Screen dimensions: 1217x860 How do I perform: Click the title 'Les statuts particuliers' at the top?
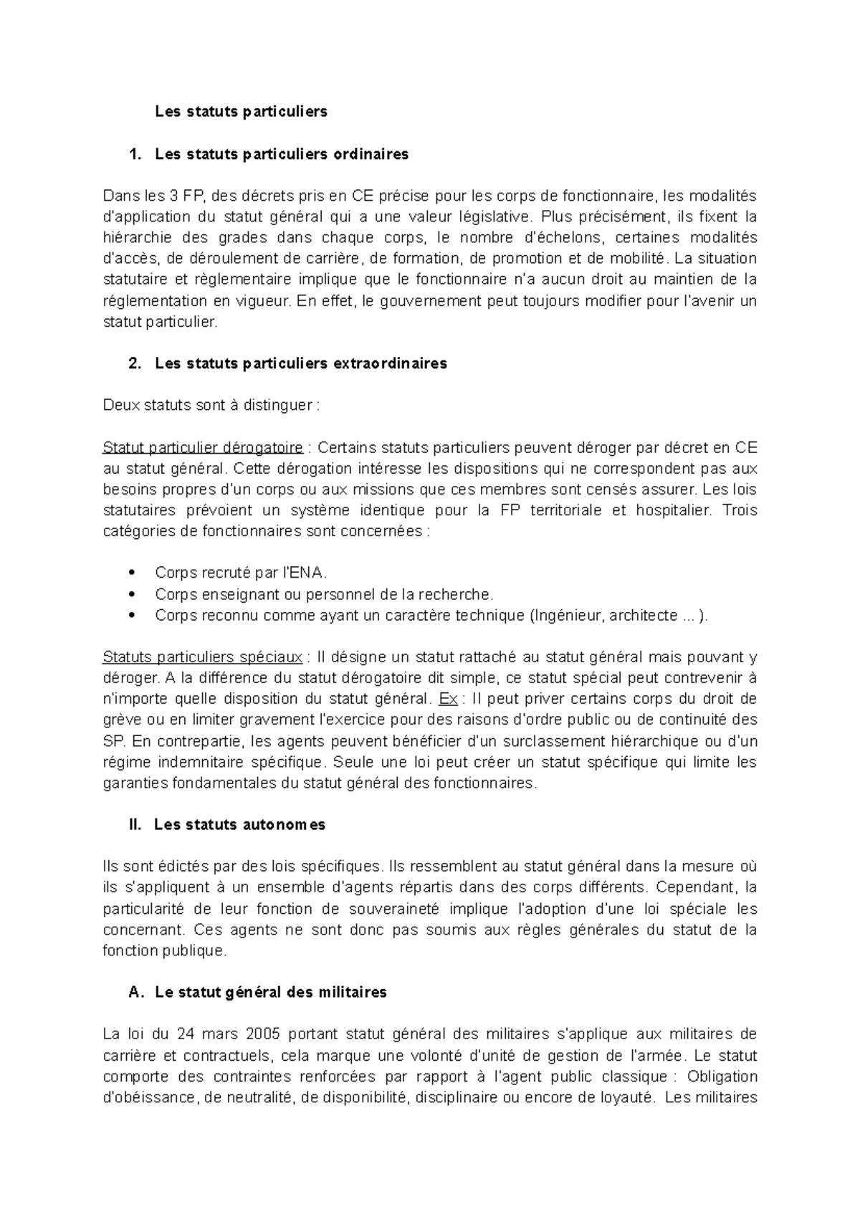[x=241, y=111]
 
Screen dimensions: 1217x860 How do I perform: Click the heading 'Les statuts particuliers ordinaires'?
[x=281, y=153]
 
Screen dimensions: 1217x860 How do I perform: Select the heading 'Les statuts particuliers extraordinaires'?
[x=300, y=363]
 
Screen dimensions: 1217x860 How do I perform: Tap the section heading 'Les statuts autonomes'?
[x=239, y=824]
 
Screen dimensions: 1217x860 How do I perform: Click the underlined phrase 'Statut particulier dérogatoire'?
[x=203, y=448]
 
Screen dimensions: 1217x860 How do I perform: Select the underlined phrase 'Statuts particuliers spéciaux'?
[x=203, y=657]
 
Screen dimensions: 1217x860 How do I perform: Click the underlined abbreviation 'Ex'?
[x=446, y=699]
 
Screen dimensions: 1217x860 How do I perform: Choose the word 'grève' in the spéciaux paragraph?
[x=120, y=720]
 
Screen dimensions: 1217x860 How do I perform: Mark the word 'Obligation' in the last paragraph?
[x=721, y=1077]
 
